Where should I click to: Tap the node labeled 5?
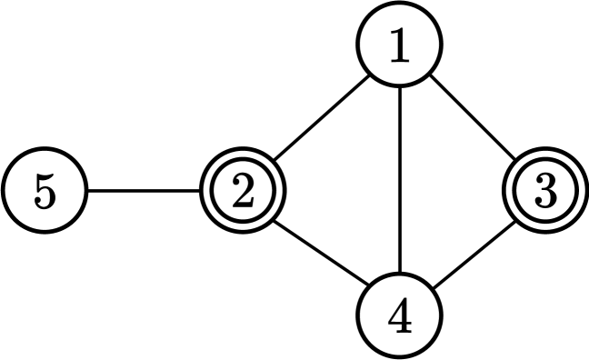(x=45, y=192)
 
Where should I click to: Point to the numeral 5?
(x=45, y=192)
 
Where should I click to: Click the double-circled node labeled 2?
(x=242, y=192)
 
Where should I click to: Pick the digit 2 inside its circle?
(x=242, y=192)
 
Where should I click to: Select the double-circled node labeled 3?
(x=544, y=192)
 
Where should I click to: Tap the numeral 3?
(x=544, y=192)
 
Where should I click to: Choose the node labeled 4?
(x=400, y=315)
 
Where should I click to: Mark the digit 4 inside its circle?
(x=400, y=315)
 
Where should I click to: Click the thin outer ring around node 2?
(x=242, y=154)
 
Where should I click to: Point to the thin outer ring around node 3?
(x=544, y=154)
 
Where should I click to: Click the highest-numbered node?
(x=45, y=192)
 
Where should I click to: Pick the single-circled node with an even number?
(x=400, y=315)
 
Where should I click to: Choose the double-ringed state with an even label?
(x=242, y=192)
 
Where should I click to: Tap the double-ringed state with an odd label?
(x=544, y=192)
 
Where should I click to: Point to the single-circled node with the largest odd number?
(x=45, y=192)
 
